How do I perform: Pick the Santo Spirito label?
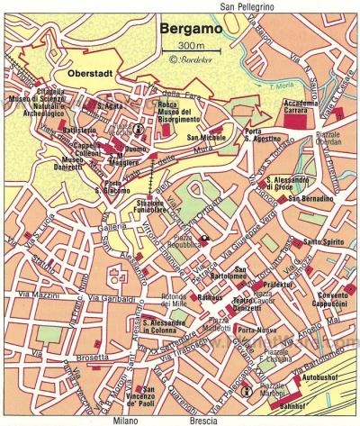321,241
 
